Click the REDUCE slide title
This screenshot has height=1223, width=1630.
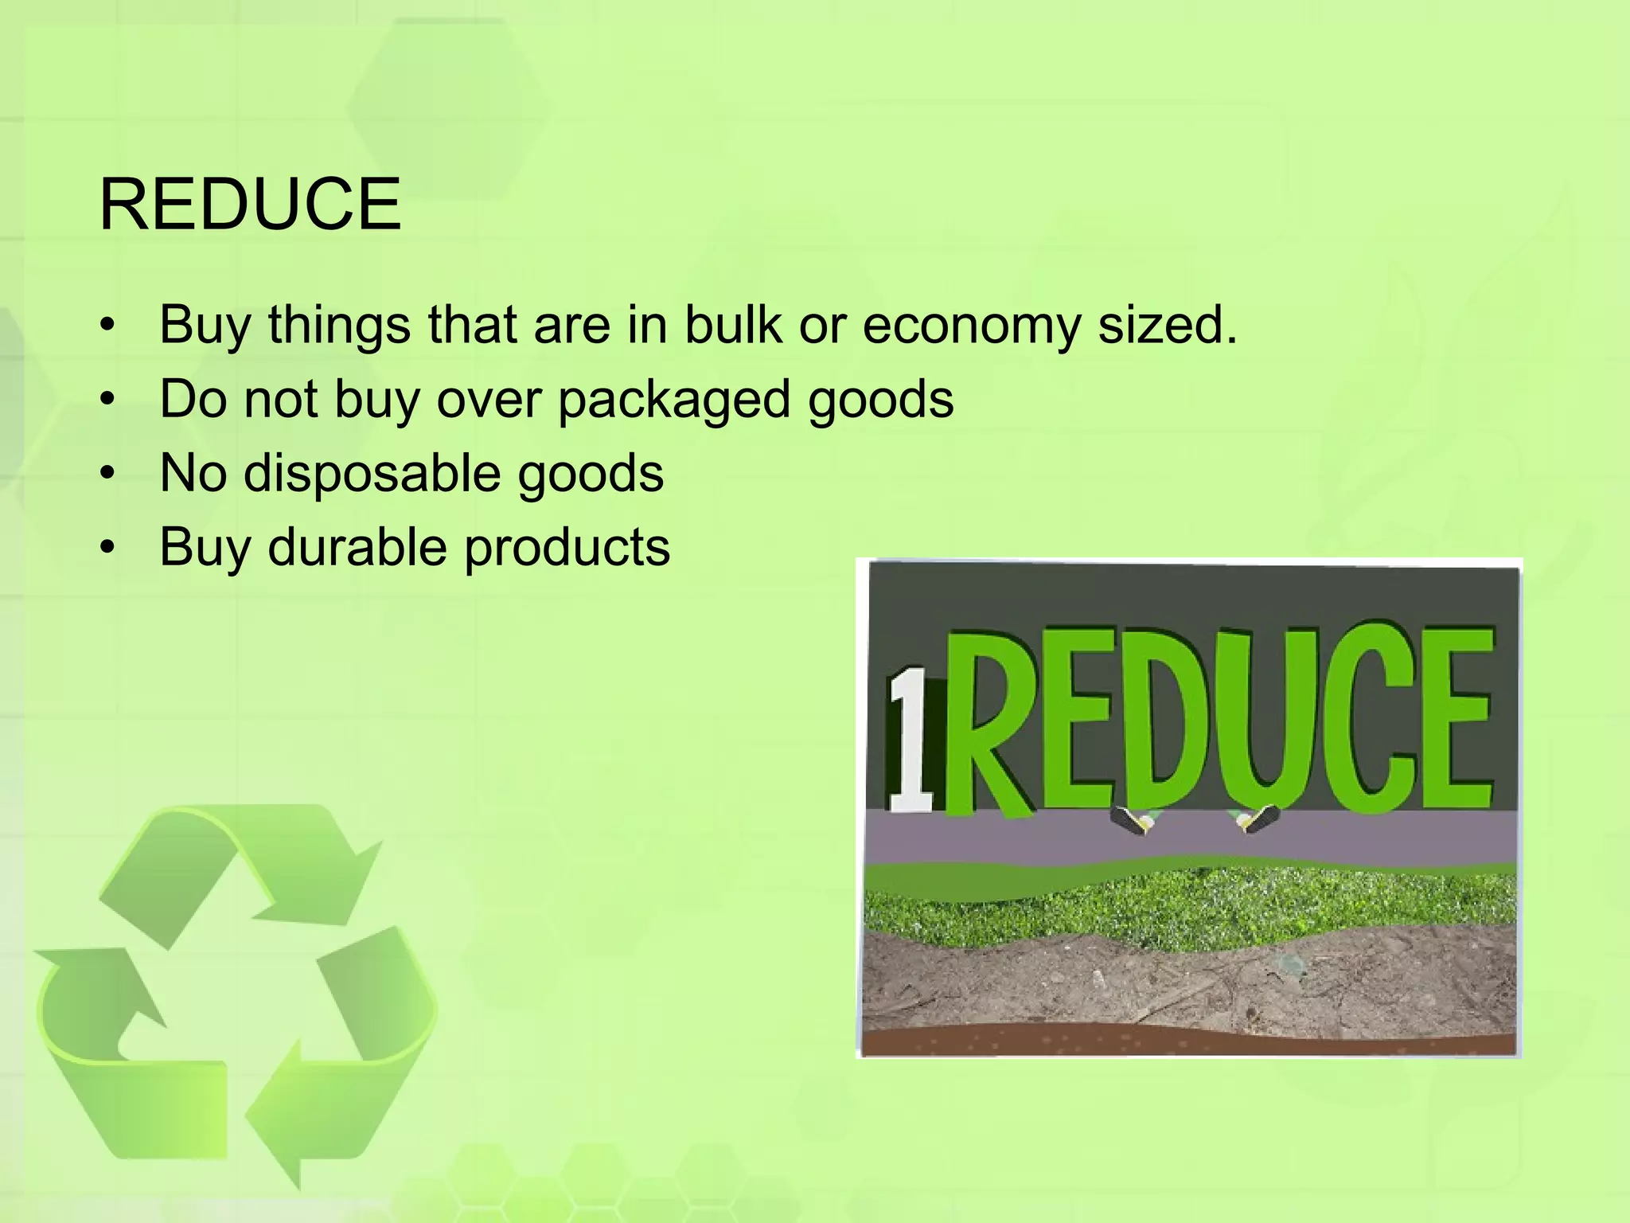(250, 205)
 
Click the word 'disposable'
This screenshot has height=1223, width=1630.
(371, 475)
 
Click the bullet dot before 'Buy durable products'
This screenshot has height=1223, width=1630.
(108, 548)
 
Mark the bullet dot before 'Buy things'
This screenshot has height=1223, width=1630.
(108, 326)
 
